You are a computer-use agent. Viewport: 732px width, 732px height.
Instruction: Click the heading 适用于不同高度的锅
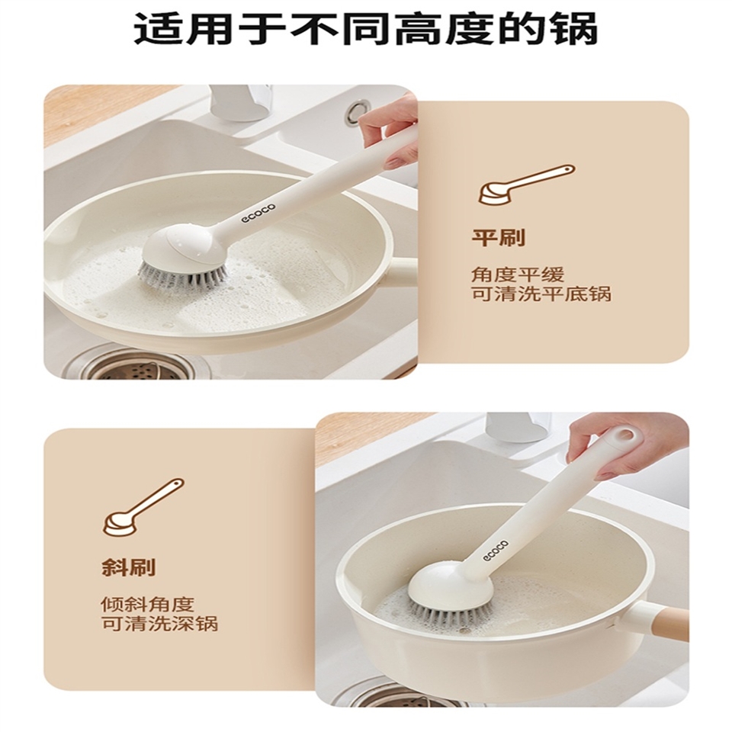tap(365, 30)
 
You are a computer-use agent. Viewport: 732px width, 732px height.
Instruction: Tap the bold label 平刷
tap(499, 238)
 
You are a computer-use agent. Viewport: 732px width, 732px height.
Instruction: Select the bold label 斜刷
tap(128, 567)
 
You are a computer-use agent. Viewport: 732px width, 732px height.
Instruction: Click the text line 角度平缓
tap(517, 274)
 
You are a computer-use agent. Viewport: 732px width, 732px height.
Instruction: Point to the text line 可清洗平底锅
tap(541, 294)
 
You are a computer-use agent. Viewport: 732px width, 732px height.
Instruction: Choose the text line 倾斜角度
tap(147, 604)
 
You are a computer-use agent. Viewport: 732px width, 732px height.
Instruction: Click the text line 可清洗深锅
tap(159, 624)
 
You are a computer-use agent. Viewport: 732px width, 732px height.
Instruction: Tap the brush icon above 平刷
tap(526, 185)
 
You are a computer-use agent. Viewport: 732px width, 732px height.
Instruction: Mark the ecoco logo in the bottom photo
tap(496, 549)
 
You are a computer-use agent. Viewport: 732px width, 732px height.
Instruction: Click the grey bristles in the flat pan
tap(183, 277)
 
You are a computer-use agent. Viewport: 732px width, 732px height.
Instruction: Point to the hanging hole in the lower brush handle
tap(624, 436)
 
